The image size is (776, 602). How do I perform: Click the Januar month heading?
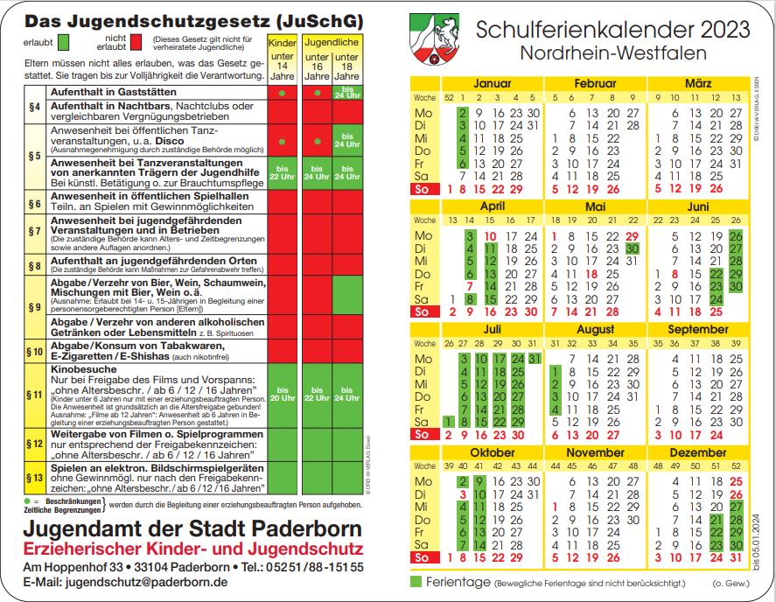tap(492, 83)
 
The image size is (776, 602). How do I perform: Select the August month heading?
tap(596, 330)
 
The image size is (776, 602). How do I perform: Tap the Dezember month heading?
tap(698, 453)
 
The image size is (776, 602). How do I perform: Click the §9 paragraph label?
tap(35, 307)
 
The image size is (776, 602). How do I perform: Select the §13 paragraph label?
tap(35, 478)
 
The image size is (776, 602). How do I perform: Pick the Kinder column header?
tap(282, 43)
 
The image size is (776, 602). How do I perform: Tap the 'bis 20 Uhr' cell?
tap(282, 394)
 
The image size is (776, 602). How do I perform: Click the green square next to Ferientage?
tap(416, 581)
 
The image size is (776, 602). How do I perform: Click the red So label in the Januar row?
tap(423, 189)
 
